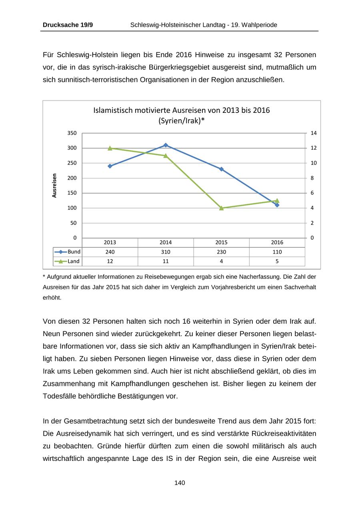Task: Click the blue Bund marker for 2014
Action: (x=166, y=145)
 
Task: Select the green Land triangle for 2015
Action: (x=221, y=208)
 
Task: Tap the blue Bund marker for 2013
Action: (x=110, y=166)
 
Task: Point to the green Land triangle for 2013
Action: (x=110, y=148)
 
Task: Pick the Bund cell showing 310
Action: (x=166, y=252)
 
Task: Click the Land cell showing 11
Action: (x=166, y=261)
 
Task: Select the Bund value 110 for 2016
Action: (x=277, y=252)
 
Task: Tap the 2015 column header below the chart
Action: (x=221, y=242)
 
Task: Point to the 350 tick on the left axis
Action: (x=72, y=133)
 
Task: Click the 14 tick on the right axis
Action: (x=313, y=133)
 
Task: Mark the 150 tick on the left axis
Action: (x=72, y=193)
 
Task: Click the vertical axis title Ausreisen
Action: (x=54, y=185)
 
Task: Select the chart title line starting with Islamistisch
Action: (x=181, y=110)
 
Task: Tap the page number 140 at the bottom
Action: (x=180, y=483)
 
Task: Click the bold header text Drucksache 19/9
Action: (x=68, y=25)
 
